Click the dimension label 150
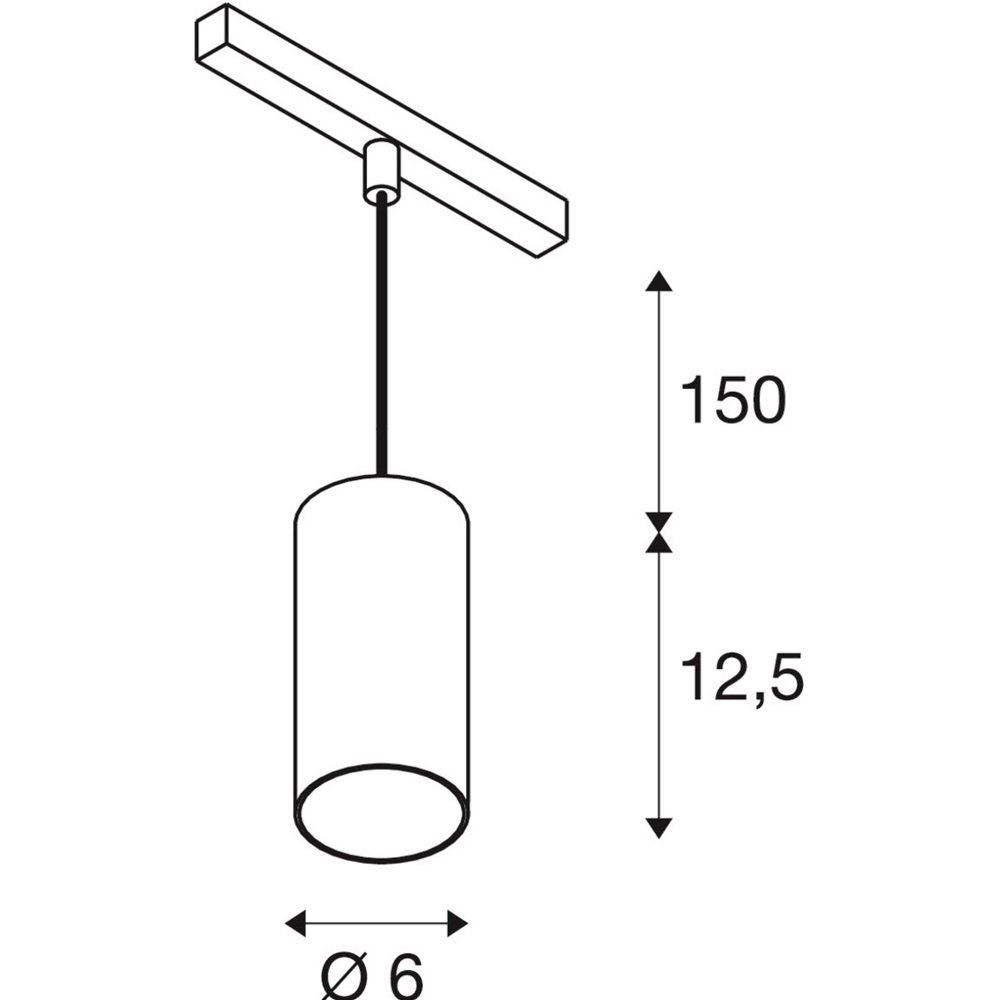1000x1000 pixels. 733,401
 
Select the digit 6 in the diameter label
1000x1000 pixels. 405,976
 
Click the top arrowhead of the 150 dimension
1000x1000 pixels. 659,281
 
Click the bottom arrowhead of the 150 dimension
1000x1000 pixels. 659,523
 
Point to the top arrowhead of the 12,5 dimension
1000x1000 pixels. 659,542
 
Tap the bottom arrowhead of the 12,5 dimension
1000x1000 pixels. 659,828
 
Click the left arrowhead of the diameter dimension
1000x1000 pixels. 295,923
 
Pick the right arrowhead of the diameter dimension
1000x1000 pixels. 458,923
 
